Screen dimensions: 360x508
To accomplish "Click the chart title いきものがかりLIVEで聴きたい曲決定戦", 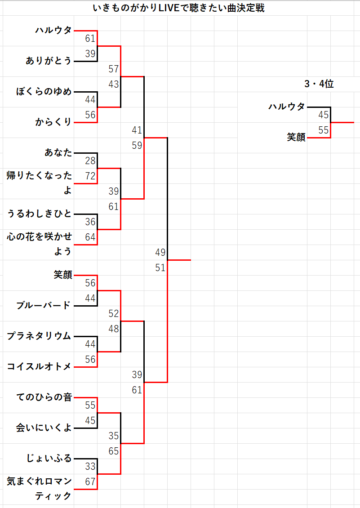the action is click(x=178, y=8).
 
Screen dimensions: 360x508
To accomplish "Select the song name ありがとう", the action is click(x=49, y=61).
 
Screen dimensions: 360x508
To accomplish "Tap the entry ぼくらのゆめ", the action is click(x=44, y=91).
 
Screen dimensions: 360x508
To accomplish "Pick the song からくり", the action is click(x=53, y=122).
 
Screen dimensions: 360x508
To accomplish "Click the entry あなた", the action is click(x=58, y=152).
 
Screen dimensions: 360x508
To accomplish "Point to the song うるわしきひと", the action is click(x=39, y=214).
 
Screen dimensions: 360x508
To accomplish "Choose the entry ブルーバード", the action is click(x=44, y=305).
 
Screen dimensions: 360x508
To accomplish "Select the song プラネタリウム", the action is click(x=39, y=336).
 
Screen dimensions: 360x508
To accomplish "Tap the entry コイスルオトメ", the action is click(x=39, y=366).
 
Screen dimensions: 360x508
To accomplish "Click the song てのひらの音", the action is click(x=44, y=397).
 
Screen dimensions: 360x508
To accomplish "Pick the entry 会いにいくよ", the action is click(x=44, y=428).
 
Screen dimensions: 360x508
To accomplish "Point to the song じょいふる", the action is click(x=49, y=458).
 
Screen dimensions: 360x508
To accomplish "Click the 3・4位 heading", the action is click(x=319, y=84).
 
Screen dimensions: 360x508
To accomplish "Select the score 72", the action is click(x=90, y=176).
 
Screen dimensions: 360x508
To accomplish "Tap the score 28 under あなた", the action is click(x=90, y=160).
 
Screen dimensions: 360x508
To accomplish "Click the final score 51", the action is click(x=160, y=267).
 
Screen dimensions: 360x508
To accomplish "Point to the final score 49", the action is click(x=160, y=252).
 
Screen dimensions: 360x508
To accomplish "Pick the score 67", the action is click(x=90, y=482).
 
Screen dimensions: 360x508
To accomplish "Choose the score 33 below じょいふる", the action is click(x=90, y=467).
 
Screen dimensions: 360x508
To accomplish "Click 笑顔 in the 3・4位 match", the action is click(x=296, y=137).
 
